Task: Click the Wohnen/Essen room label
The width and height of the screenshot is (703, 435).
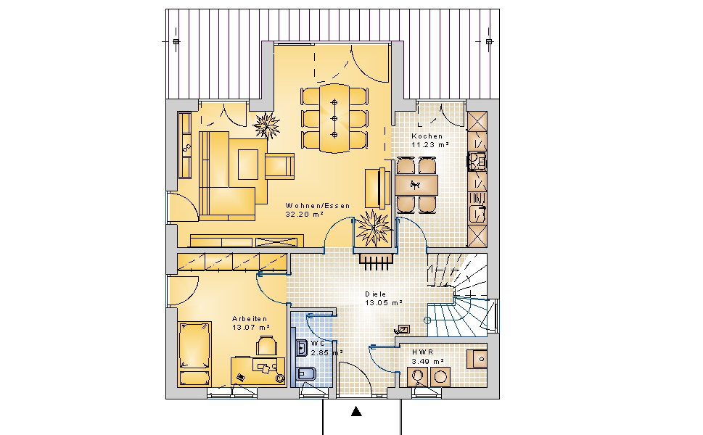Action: (318, 206)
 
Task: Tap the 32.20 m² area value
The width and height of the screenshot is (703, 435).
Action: (305, 214)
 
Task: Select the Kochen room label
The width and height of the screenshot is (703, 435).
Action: (427, 136)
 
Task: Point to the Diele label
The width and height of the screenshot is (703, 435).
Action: (375, 294)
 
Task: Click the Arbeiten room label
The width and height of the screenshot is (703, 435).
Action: (250, 318)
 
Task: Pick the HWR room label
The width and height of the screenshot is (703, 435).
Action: (422, 352)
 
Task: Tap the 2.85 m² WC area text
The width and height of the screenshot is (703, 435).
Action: (326, 352)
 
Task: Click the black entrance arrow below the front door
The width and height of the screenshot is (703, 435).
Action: (356, 411)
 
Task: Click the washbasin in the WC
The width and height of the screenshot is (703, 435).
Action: (301, 348)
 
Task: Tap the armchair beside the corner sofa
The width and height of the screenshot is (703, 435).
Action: (279, 166)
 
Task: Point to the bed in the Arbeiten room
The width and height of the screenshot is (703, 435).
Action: (194, 353)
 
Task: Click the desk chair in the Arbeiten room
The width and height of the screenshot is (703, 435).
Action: (266, 346)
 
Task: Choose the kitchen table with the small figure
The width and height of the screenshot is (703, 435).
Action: (416, 185)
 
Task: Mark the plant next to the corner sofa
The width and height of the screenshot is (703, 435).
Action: (266, 125)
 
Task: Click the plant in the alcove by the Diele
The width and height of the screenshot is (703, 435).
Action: (373, 228)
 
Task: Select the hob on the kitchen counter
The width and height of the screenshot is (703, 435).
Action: (477, 162)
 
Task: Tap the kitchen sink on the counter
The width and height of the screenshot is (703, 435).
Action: (477, 214)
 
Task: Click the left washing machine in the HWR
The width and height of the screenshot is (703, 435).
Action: (418, 377)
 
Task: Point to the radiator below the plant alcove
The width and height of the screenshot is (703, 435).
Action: (376, 262)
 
